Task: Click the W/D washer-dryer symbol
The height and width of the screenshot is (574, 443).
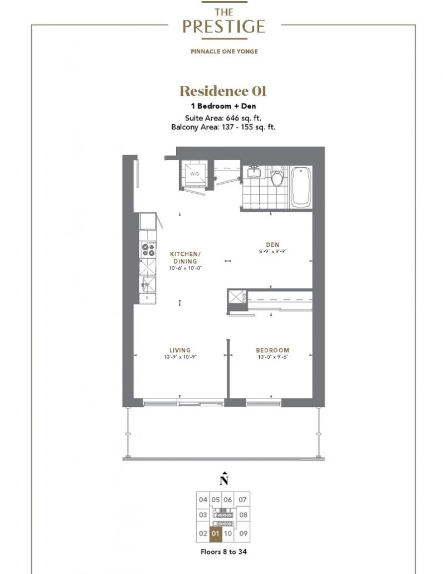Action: [x=194, y=174]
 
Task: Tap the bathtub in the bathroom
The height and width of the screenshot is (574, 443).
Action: [x=301, y=187]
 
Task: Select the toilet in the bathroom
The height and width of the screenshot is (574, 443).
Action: [x=277, y=176]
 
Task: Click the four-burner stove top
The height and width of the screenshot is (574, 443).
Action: [x=148, y=249]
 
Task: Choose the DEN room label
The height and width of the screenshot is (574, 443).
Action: [x=272, y=245]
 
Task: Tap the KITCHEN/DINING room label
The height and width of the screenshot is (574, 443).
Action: [x=185, y=257]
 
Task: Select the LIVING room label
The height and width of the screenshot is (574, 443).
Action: [x=180, y=350]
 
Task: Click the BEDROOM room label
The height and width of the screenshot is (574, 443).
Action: [x=272, y=350]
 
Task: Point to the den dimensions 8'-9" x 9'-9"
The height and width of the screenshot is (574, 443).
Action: [x=272, y=251]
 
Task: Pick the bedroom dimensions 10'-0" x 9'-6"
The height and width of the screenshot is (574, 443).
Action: [x=272, y=357]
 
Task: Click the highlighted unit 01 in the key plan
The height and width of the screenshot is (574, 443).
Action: [x=215, y=533]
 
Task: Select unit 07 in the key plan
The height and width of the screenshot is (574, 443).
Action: [x=242, y=500]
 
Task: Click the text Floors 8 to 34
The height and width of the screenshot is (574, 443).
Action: [x=223, y=552]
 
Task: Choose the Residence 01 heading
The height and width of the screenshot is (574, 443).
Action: [x=223, y=91]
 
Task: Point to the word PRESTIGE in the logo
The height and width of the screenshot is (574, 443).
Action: [x=223, y=26]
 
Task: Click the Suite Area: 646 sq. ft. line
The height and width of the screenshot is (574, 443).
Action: [x=223, y=118]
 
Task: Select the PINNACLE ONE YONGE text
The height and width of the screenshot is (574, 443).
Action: [x=224, y=51]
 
